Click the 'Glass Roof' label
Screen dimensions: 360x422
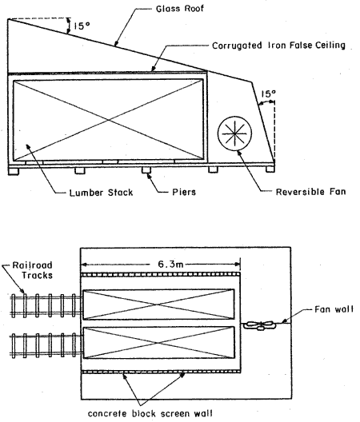point(180,9)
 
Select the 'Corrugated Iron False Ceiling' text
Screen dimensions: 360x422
point(278,46)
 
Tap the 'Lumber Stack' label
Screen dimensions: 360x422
point(101,193)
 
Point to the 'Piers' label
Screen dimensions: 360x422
point(184,192)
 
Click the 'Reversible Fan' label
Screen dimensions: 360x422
point(310,192)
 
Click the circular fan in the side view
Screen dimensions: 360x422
point(235,133)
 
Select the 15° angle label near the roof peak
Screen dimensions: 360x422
point(82,26)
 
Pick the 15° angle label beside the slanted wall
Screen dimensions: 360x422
point(268,94)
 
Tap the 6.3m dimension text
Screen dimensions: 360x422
point(170,265)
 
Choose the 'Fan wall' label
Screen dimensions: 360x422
point(334,309)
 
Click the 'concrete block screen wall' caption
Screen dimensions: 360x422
point(150,414)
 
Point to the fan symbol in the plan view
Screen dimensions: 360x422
point(260,325)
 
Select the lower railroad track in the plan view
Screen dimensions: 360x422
point(46,345)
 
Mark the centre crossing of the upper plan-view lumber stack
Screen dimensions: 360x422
point(158,305)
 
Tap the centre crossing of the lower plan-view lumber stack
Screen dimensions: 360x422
point(158,343)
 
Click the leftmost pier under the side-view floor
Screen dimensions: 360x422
point(14,171)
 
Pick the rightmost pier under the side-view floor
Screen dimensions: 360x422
point(270,169)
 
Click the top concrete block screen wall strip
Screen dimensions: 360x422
point(160,274)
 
